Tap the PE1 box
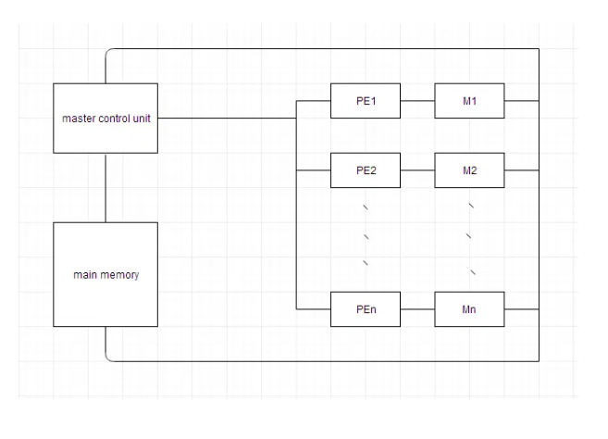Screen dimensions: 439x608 coord(366,101)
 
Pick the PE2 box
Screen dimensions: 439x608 coord(366,170)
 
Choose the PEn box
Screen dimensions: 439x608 coord(366,309)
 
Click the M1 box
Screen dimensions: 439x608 coord(469,101)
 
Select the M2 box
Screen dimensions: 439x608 coord(469,170)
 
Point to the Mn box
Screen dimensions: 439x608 coord(469,309)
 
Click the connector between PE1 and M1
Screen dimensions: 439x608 coord(417,101)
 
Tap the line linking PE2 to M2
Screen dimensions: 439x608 coord(417,170)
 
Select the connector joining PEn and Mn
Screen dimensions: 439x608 coord(417,309)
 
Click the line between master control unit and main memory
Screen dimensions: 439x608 coord(106,188)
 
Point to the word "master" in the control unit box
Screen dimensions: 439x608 coord(77,119)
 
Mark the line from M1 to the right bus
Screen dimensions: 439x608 coord(521,101)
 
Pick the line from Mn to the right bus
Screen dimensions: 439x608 coord(521,309)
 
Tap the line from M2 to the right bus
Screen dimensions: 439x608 coord(521,170)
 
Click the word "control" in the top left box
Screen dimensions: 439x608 coord(110,119)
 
